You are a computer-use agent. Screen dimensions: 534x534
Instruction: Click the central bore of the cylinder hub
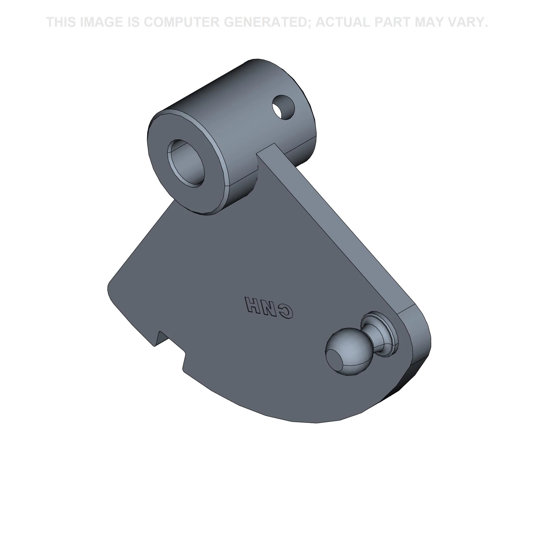click(x=186, y=162)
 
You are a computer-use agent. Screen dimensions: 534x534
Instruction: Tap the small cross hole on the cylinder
click(x=283, y=107)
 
